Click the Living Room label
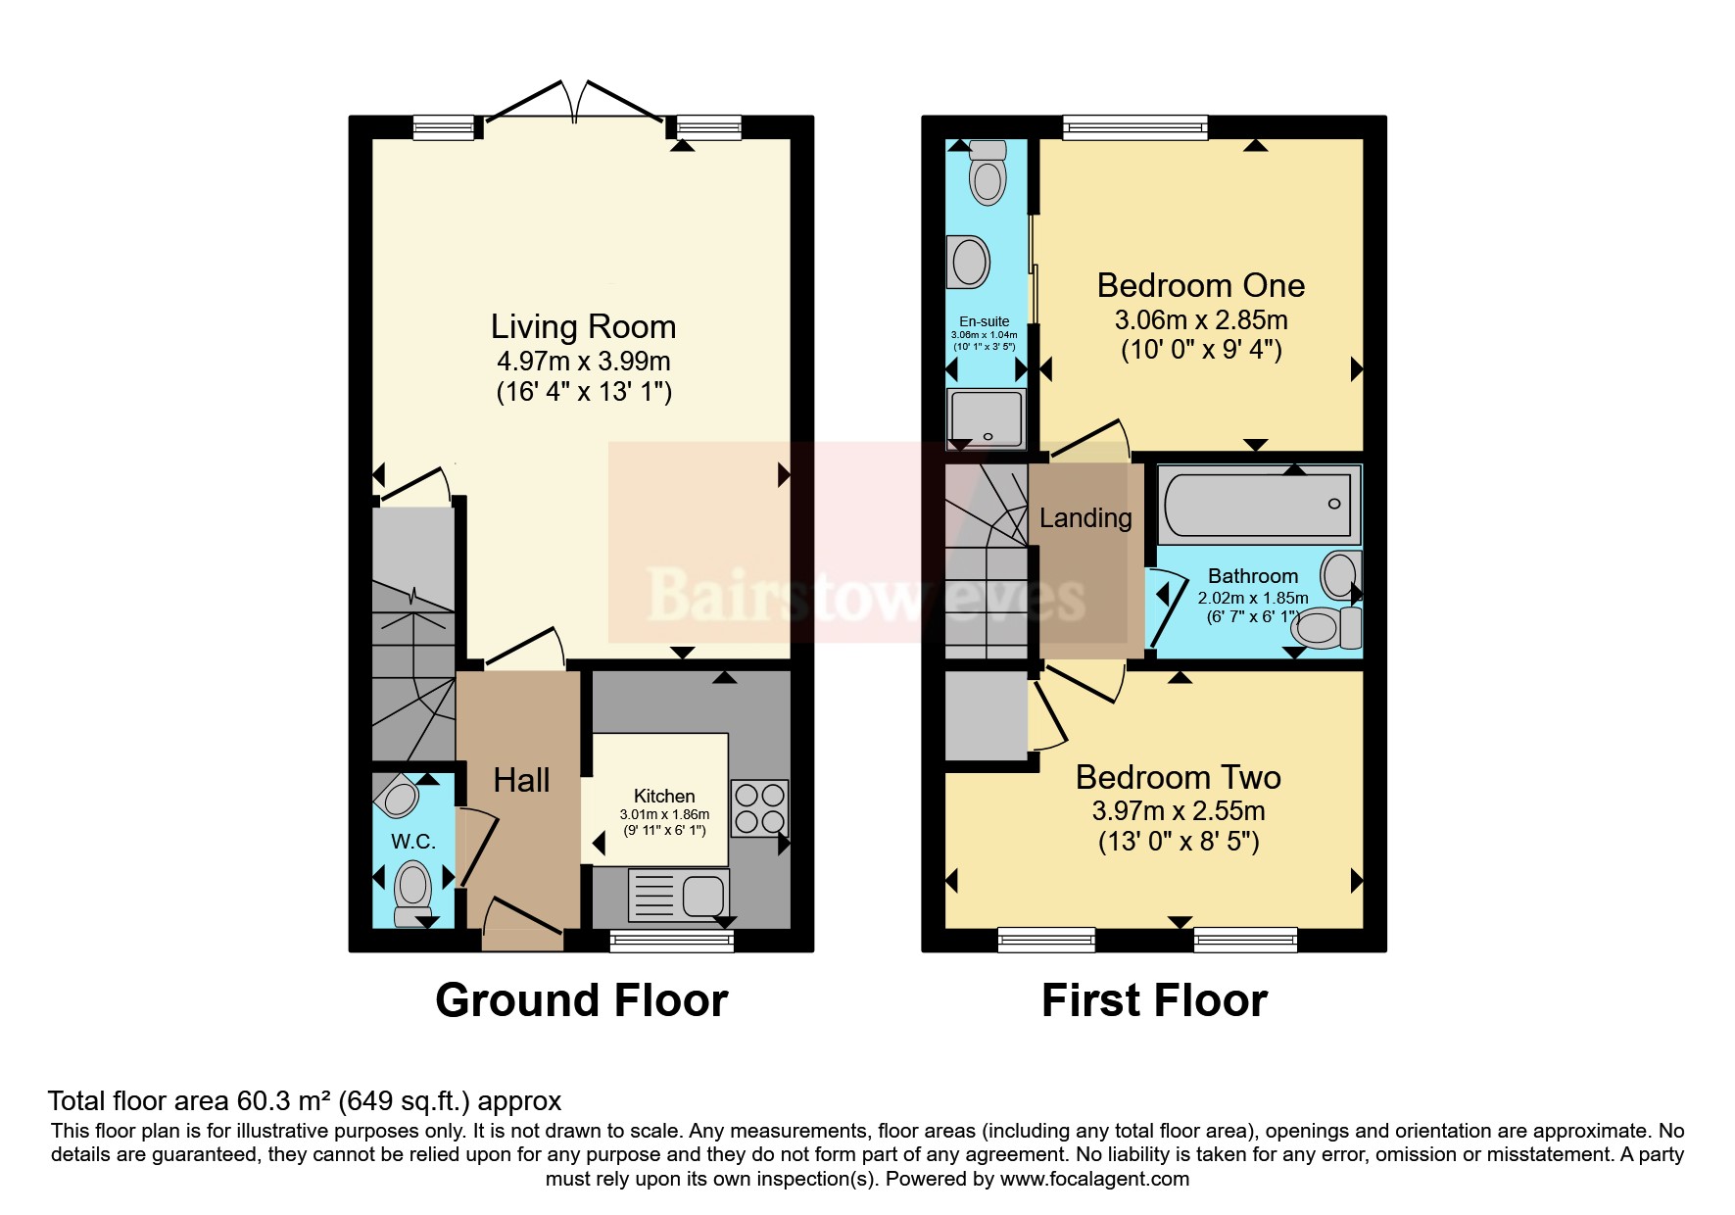click(583, 326)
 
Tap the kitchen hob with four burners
click(759, 807)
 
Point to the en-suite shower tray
click(986, 418)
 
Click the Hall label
click(521, 780)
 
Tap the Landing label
click(1085, 517)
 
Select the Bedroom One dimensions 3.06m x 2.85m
click(1200, 319)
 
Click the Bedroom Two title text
click(1178, 777)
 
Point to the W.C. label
click(413, 841)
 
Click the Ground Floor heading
click(581, 1000)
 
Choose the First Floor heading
click(1154, 1000)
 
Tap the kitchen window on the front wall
click(671, 941)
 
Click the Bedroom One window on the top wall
click(1134, 126)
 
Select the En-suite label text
click(984, 321)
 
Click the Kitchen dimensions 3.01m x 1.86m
click(664, 814)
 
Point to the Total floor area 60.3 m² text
click(304, 1101)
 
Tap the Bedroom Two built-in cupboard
click(986, 714)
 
